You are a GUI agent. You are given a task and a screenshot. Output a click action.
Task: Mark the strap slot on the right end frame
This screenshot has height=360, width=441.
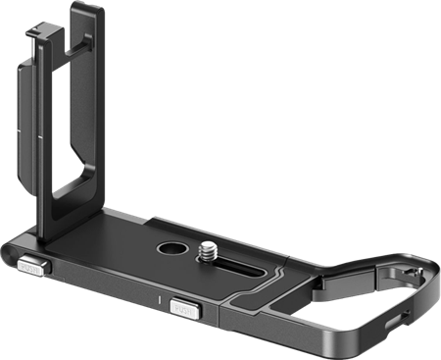point(392,319)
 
